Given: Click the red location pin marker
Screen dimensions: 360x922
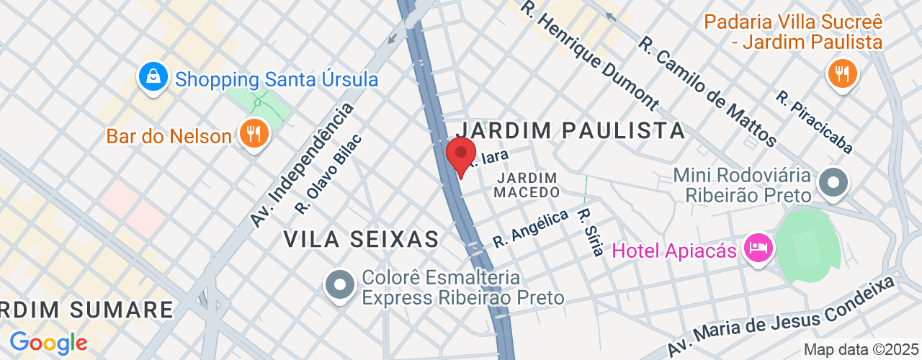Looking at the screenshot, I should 461,154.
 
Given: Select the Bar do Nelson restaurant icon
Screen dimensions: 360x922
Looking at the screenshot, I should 254,133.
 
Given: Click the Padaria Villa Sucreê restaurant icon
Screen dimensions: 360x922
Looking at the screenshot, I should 841,73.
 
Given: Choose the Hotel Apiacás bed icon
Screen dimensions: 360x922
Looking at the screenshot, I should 759,249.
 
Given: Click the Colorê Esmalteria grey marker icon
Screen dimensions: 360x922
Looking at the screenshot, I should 340,286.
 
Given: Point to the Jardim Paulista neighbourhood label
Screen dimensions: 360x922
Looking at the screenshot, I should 570,130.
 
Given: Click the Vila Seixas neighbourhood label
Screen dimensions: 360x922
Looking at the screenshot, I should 361,239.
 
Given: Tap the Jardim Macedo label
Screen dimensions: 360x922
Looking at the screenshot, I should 527,185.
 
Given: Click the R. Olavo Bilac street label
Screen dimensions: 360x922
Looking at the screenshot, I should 328,174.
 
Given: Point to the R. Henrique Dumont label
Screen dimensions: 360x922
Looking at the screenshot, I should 590,55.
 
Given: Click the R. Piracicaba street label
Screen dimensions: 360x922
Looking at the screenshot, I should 814,122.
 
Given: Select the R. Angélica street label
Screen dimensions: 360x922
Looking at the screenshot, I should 531,230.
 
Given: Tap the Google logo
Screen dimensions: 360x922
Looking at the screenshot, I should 48,342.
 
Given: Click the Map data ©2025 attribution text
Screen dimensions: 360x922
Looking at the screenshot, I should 861,350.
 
